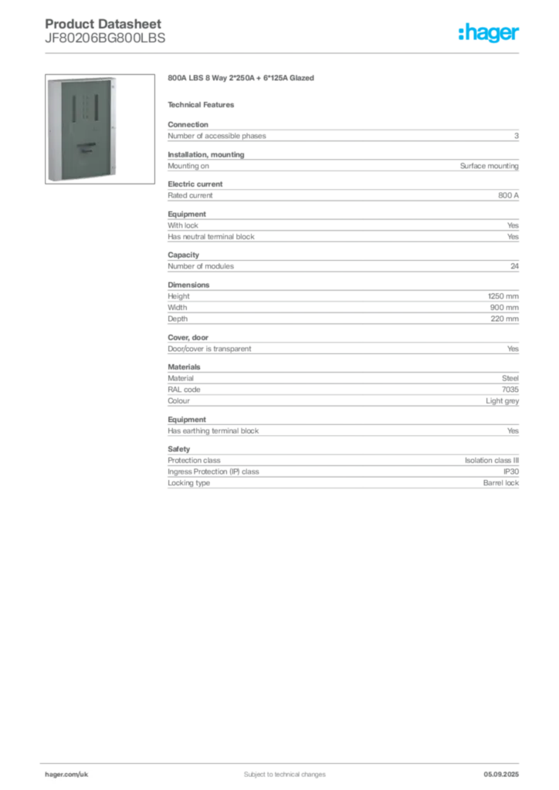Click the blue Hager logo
490,33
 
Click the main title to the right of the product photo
240,79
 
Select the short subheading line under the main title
204,104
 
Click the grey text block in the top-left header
103,32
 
